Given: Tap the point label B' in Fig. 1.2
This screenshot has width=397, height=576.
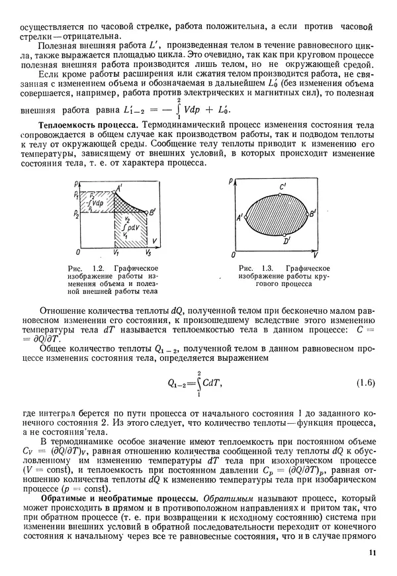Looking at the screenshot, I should click(x=152, y=212).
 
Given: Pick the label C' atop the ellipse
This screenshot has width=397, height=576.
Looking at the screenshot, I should click(x=283, y=187).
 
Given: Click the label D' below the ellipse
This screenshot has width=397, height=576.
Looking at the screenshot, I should click(x=286, y=242).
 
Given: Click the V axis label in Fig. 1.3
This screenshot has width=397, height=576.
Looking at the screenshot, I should click(x=316, y=255).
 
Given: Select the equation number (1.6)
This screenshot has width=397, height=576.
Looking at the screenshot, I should click(x=366, y=383).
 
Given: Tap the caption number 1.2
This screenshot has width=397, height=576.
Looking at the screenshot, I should click(x=98, y=267).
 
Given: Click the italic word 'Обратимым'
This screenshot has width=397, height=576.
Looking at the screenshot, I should click(x=225, y=497).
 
